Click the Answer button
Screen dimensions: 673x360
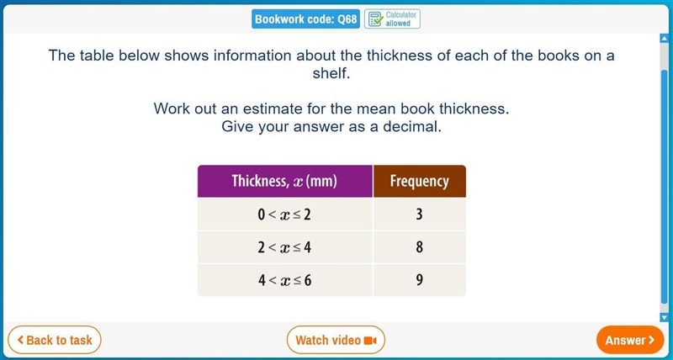[630, 341]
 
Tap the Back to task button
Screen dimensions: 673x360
[55, 341]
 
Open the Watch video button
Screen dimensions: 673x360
[336, 341]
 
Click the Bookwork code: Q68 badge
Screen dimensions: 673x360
[305, 19]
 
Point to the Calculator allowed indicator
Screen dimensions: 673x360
[392, 19]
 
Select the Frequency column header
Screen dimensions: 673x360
[419, 181]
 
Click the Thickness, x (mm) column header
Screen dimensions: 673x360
[285, 181]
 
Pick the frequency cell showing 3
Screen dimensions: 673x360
[419, 214]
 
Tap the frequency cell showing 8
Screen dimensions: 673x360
[419, 247]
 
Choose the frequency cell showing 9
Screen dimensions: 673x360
[419, 280]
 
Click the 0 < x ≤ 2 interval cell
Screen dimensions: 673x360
[285, 214]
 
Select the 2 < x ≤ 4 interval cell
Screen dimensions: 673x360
[285, 247]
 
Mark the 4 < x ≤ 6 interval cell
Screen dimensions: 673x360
[285, 280]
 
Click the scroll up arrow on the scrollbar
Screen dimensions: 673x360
[665, 39]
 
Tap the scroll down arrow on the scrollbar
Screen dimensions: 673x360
[665, 317]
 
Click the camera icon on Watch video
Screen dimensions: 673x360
[370, 341]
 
